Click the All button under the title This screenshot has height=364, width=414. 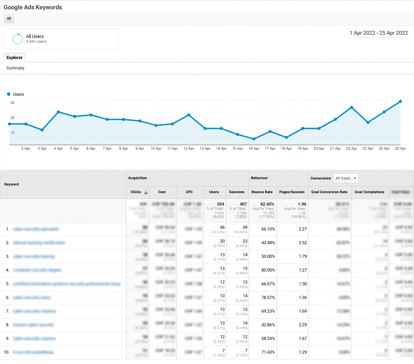9,19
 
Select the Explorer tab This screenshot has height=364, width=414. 15,58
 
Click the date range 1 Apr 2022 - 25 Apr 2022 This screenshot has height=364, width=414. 379,33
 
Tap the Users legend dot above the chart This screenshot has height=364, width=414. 9,94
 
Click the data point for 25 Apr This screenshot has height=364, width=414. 400,102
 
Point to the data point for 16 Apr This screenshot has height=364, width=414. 254,139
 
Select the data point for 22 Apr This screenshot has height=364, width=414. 351,108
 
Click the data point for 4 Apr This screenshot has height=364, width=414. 58,112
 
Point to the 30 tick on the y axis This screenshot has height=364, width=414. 12,103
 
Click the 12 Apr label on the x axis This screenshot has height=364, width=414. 189,148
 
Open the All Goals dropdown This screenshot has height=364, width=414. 346,178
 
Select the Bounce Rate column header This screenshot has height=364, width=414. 262,192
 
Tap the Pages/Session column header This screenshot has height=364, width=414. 292,192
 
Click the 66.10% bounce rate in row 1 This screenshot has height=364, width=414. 268,229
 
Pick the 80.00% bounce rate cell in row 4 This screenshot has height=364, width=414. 268,270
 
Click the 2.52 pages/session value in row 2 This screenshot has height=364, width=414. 303,243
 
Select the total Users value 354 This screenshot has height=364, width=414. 220,204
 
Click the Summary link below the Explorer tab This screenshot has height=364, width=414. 15,68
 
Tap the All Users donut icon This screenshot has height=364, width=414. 18,39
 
